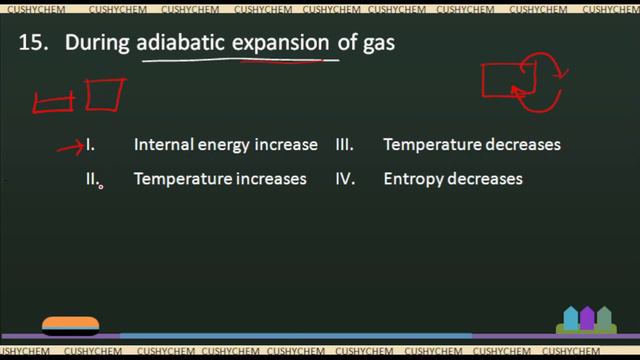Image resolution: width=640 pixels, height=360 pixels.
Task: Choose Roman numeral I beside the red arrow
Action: (91, 145)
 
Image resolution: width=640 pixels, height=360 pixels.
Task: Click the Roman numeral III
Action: (345, 145)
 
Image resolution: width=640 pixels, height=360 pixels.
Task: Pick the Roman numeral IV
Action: (345, 180)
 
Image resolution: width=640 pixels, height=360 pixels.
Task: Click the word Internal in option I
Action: (160, 145)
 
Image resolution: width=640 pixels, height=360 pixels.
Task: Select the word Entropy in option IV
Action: (412, 180)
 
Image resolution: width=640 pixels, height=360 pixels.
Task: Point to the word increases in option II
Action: (270, 180)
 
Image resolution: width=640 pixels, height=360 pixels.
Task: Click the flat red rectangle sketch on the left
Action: (54, 102)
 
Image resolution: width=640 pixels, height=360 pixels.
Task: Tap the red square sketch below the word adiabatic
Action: (105, 95)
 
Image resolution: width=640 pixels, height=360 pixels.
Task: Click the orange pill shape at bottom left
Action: (70, 323)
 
